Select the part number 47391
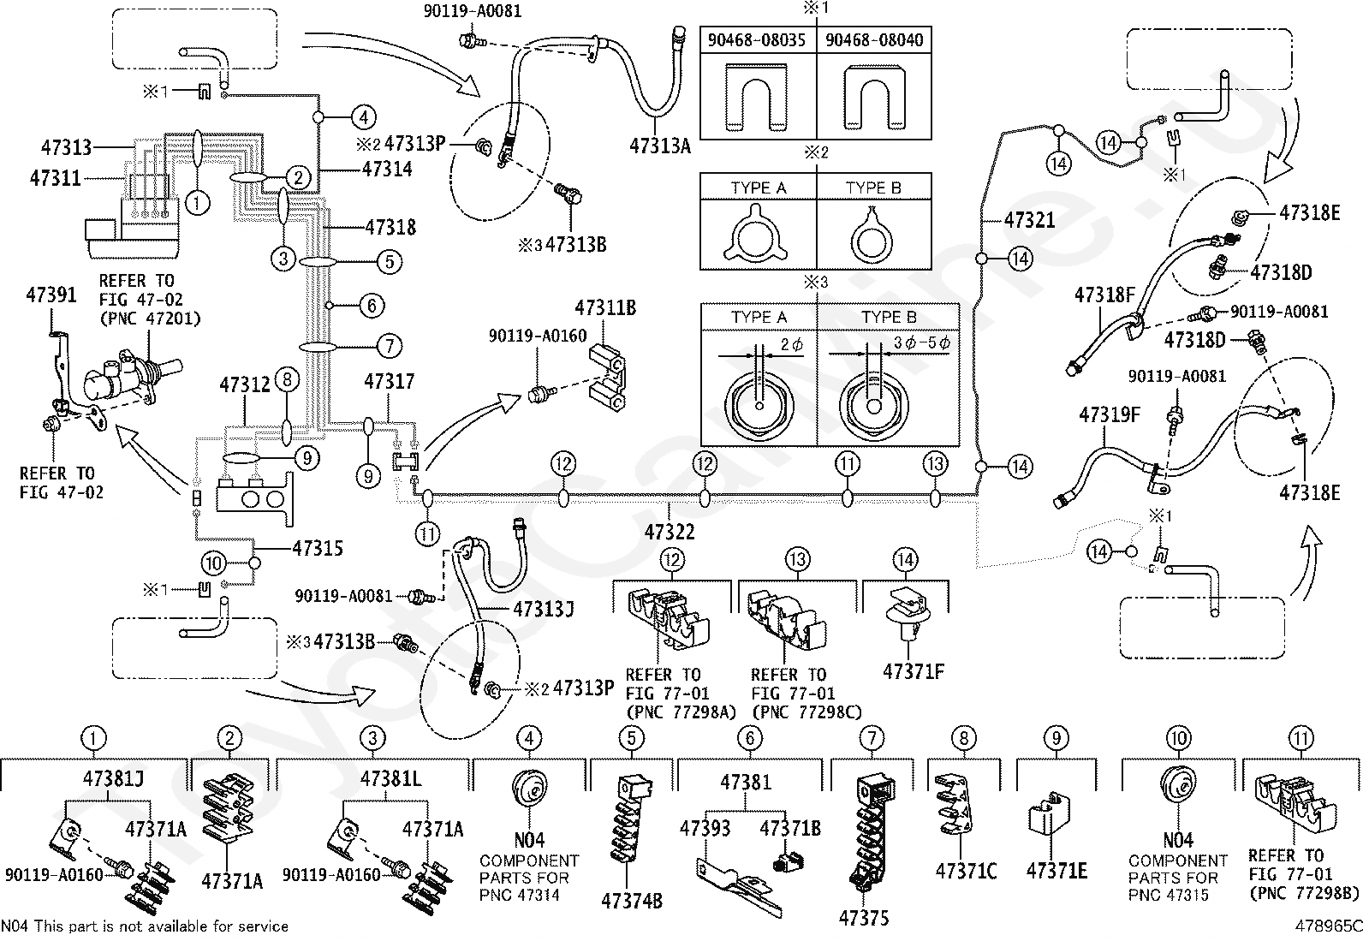pyautogui.click(x=51, y=295)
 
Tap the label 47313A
pyautogui.click(x=659, y=145)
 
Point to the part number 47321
pyautogui.click(x=1029, y=220)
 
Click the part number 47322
pyautogui.click(x=670, y=532)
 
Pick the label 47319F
pyautogui.click(x=1110, y=415)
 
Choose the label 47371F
pyautogui.click(x=913, y=671)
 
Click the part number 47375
pyautogui.click(x=864, y=918)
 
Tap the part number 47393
pyautogui.click(x=705, y=828)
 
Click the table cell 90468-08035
pyautogui.click(x=758, y=40)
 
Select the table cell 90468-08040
pyautogui.click(x=874, y=40)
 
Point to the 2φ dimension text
pyautogui.click(x=792, y=346)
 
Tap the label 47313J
pyautogui.click(x=543, y=609)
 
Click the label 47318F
pyautogui.click(x=1104, y=296)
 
